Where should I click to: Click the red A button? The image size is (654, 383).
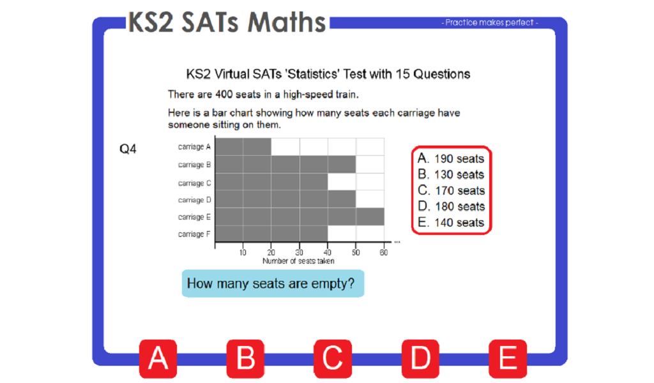pos(158,358)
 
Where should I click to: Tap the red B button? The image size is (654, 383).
pos(246,358)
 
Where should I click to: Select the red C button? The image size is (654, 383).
pos(333,358)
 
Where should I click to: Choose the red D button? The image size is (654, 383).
pos(420,358)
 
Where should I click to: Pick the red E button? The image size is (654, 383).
pos(508,358)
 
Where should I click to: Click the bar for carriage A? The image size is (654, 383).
pos(243,147)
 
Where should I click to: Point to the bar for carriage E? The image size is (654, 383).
pos(300,217)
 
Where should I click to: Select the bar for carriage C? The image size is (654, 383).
pos(271,183)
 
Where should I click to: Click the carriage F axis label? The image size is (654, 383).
pos(191,234)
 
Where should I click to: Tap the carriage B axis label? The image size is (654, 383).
pos(191,165)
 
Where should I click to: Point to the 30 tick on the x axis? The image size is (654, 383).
pos(300,253)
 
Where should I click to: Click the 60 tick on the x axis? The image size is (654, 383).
pos(384,253)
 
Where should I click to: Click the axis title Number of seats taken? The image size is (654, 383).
pos(298,260)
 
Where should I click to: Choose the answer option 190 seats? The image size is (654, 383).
pos(451,159)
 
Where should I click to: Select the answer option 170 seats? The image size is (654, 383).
pos(451,191)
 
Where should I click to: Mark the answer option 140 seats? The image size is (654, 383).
pos(451,223)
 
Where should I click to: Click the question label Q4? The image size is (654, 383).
pos(128,149)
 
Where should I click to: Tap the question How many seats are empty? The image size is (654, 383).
pos(273,283)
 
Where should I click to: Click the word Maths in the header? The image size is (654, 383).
pos(287,22)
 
